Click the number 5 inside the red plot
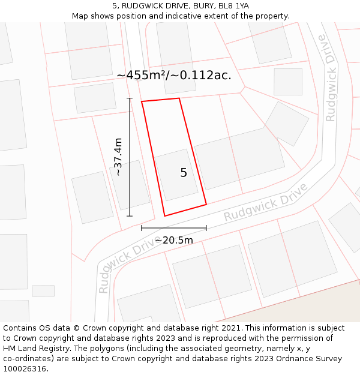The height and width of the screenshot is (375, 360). [x=184, y=173]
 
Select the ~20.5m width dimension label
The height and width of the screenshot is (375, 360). [x=174, y=241]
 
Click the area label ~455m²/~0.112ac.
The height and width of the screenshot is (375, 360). [x=174, y=76]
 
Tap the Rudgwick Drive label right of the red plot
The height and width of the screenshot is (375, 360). [x=265, y=202]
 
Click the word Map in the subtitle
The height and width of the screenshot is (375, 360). [x=80, y=16]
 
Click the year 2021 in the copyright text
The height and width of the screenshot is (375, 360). [x=229, y=328]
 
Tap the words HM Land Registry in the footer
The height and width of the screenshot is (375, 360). [x=35, y=349]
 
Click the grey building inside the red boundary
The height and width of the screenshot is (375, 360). [x=176, y=175]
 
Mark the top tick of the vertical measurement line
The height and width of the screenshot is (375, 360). [x=130, y=98]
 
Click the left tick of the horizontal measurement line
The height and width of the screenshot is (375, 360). [x=142, y=227]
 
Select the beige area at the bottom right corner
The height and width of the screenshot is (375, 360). [x=324, y=309]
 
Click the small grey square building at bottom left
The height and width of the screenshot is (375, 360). [x=43, y=291]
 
